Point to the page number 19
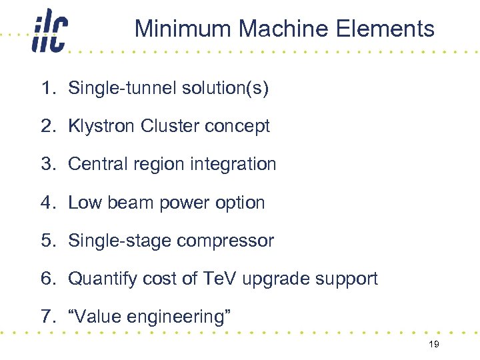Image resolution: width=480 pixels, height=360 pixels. (x=434, y=344)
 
